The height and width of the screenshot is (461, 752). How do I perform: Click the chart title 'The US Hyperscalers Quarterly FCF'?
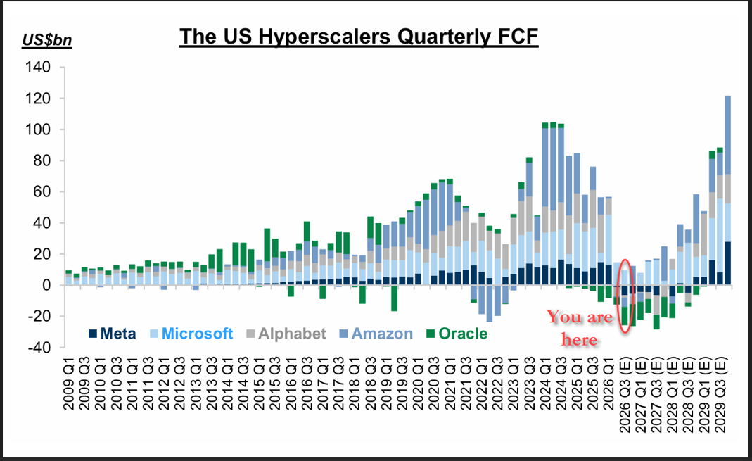pos(359,37)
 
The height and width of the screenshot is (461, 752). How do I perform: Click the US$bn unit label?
pos(47,40)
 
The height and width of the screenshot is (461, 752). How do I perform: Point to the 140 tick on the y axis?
pos(37,67)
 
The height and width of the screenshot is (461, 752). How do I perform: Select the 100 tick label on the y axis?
pos(37,130)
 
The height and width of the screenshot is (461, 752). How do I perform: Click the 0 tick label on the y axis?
pos(46,286)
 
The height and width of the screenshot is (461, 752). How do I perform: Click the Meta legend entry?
pos(113,334)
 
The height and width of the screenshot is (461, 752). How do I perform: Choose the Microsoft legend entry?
pos(192,334)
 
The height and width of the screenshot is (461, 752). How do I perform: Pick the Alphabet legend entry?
pos(286,334)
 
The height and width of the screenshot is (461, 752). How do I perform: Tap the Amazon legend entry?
pos(376,334)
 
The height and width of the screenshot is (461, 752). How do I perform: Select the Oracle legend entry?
pos(457,334)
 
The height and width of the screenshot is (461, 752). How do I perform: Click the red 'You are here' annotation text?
pos(580,328)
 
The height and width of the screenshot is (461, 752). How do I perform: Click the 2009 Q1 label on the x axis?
pos(68,387)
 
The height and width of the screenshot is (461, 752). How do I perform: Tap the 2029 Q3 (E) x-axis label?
pos(721,396)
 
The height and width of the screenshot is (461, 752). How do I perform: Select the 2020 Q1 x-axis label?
pos(418,387)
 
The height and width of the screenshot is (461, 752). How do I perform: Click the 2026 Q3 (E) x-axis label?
pos(625,396)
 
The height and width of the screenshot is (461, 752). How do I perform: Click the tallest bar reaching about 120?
pos(727,190)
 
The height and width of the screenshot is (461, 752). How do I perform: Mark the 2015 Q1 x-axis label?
pos(260,387)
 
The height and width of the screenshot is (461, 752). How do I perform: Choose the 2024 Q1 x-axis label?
pos(546,387)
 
